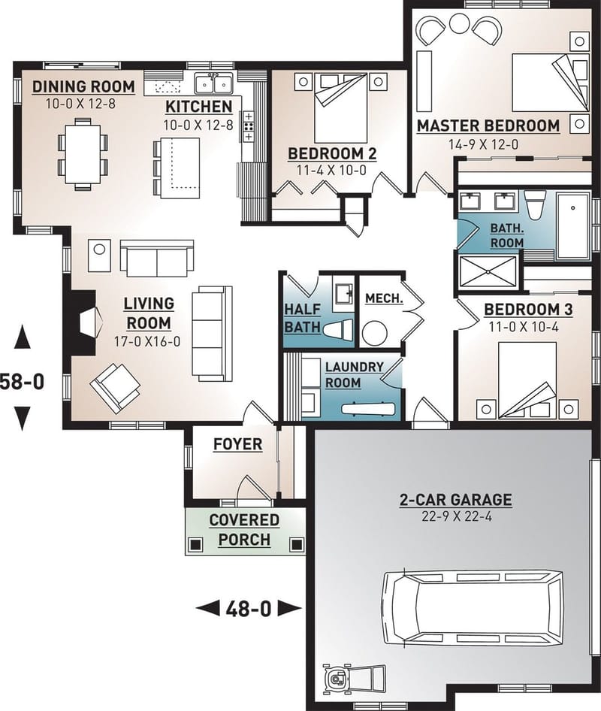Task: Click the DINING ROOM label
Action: (83, 86)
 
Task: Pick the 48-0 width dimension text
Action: (248, 608)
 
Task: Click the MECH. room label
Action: (383, 298)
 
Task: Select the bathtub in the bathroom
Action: (575, 224)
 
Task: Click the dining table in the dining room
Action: (83, 153)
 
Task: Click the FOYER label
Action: (237, 444)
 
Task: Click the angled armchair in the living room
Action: (115, 386)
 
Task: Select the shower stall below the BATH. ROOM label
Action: (488, 271)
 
